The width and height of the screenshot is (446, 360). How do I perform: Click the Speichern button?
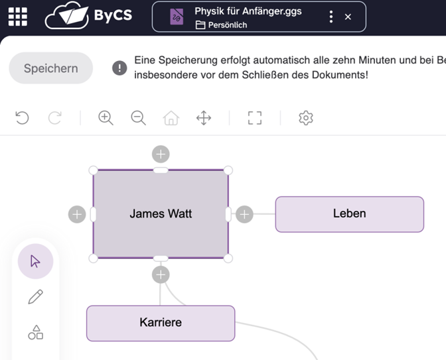click(50, 68)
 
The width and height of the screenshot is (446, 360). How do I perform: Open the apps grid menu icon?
click(18, 17)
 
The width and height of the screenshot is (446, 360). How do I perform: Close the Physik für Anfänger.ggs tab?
click(348, 17)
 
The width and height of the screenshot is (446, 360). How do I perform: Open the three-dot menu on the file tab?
click(331, 17)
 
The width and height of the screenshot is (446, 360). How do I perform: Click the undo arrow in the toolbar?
click(22, 118)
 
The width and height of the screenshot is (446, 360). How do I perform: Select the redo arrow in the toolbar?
click(55, 118)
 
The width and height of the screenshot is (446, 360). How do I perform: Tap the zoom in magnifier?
click(106, 118)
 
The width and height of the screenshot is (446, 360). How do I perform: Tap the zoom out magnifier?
click(138, 118)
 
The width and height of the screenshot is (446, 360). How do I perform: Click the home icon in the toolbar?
click(171, 118)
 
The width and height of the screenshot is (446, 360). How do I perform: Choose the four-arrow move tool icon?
click(204, 118)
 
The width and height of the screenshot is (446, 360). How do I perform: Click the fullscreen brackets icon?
click(255, 118)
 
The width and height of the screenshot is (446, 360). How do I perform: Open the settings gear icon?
click(305, 118)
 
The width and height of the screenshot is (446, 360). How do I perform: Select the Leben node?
click(349, 213)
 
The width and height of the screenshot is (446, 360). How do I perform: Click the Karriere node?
click(161, 323)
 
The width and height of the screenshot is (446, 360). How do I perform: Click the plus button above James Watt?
click(161, 154)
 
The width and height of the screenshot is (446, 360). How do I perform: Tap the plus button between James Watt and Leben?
click(245, 214)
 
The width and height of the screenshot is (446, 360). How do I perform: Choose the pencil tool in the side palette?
click(36, 297)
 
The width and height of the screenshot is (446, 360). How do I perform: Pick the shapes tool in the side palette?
click(36, 332)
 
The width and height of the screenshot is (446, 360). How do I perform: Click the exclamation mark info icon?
click(119, 68)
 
